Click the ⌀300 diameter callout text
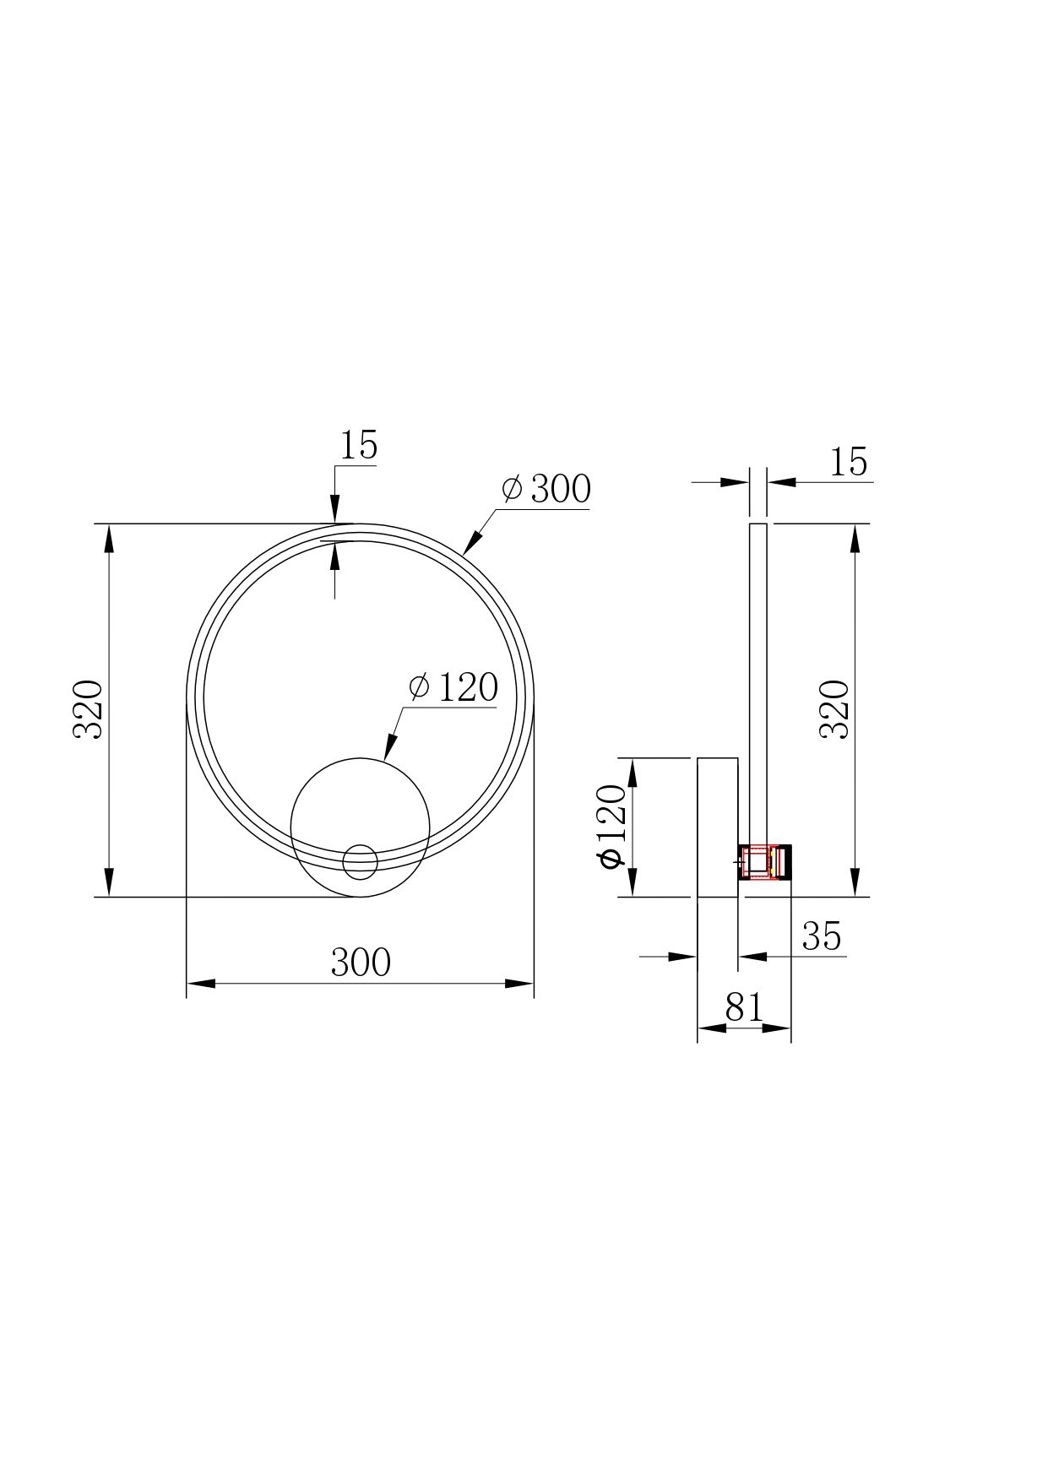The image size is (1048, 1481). [546, 489]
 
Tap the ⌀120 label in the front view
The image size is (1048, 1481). [453, 687]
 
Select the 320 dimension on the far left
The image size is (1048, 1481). [88, 709]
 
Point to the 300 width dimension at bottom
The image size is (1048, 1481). [361, 962]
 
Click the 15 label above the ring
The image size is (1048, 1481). [358, 445]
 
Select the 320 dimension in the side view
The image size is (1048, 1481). [835, 709]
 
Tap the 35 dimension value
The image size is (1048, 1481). [822, 936]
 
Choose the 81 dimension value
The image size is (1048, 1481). [744, 1007]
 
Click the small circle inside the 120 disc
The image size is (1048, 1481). [360, 861]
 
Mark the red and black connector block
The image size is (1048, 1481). [765, 862]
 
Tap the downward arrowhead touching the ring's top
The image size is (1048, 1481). [335, 513]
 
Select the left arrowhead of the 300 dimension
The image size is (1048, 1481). [199, 984]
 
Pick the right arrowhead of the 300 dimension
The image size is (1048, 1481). [520, 984]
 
